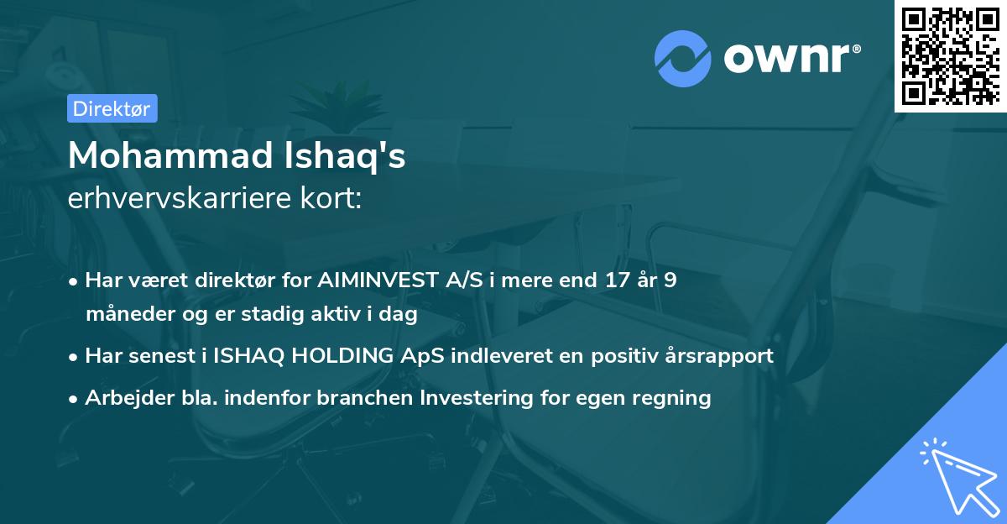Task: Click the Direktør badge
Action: (112, 108)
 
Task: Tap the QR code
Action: (949, 56)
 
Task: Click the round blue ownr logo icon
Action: (683, 58)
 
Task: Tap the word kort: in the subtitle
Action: (332, 198)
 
